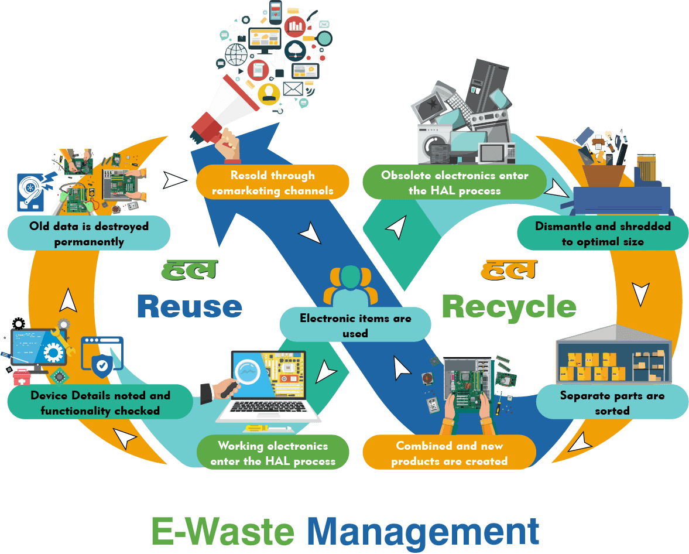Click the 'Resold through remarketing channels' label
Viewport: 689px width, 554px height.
click(272, 182)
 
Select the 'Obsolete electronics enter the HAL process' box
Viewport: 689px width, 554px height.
click(455, 182)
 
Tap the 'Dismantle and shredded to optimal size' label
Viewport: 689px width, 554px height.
click(603, 234)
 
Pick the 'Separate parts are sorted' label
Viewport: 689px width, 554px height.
click(612, 402)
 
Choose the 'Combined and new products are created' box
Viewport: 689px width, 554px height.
click(449, 453)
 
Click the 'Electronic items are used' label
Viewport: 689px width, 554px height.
click(355, 326)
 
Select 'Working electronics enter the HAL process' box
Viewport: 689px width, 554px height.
click(273, 453)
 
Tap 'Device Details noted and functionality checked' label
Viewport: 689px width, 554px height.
click(100, 403)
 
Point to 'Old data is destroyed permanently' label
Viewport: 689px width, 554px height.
click(89, 234)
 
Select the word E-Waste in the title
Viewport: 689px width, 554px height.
click(222, 531)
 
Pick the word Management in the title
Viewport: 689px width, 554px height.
click(423, 531)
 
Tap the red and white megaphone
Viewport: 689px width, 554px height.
click(225, 114)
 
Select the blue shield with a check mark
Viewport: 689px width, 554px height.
click(102, 365)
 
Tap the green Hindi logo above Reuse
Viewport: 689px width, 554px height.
click(189, 269)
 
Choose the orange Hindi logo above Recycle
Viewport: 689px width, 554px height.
click(508, 269)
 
